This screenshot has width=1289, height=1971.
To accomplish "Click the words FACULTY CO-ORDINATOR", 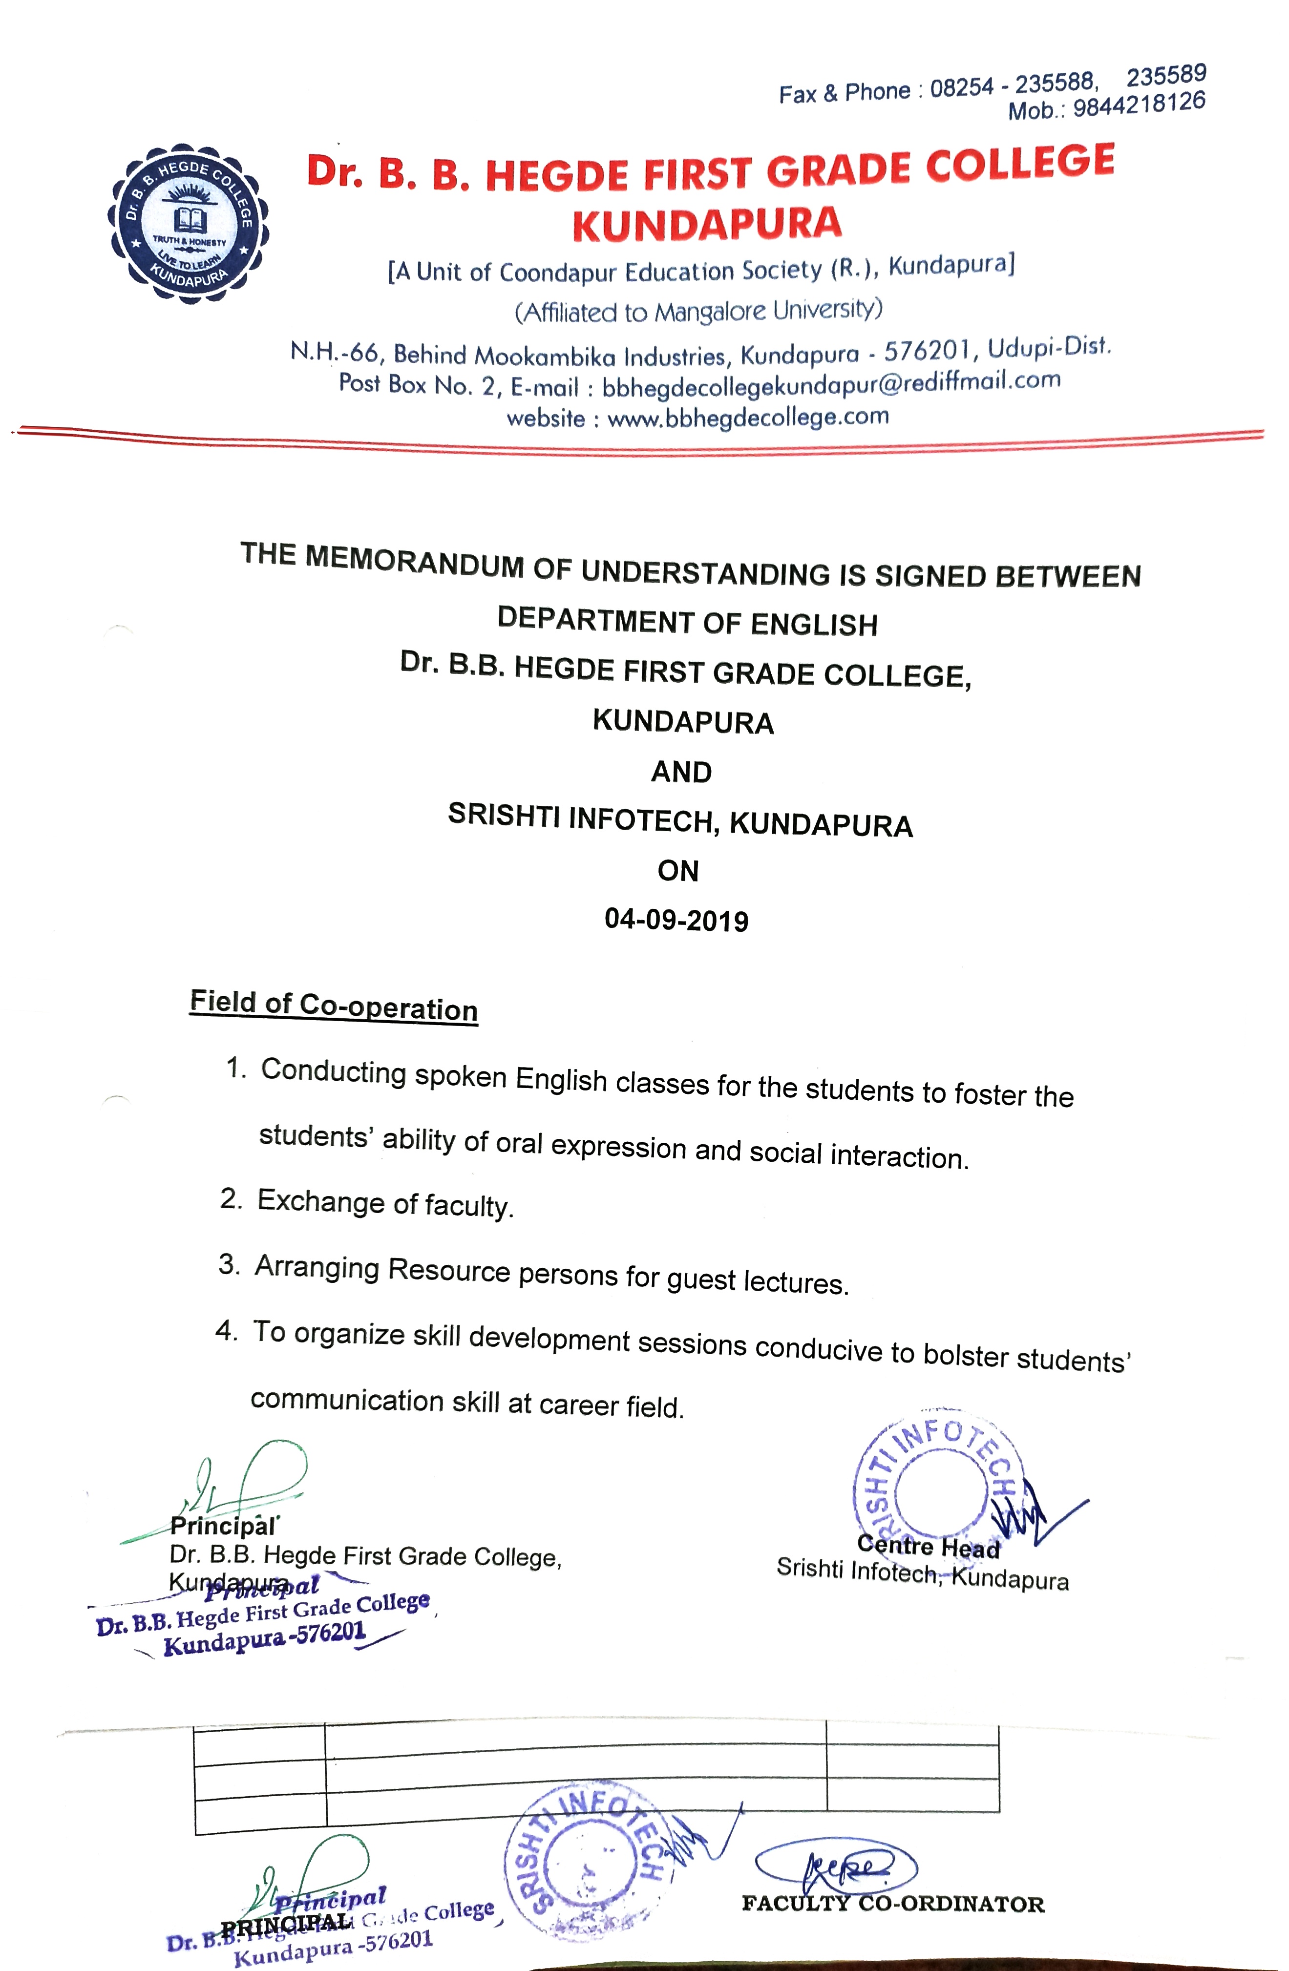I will pyautogui.click(x=893, y=1904).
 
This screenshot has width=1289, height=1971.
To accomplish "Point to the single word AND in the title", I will pyautogui.click(x=681, y=772).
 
